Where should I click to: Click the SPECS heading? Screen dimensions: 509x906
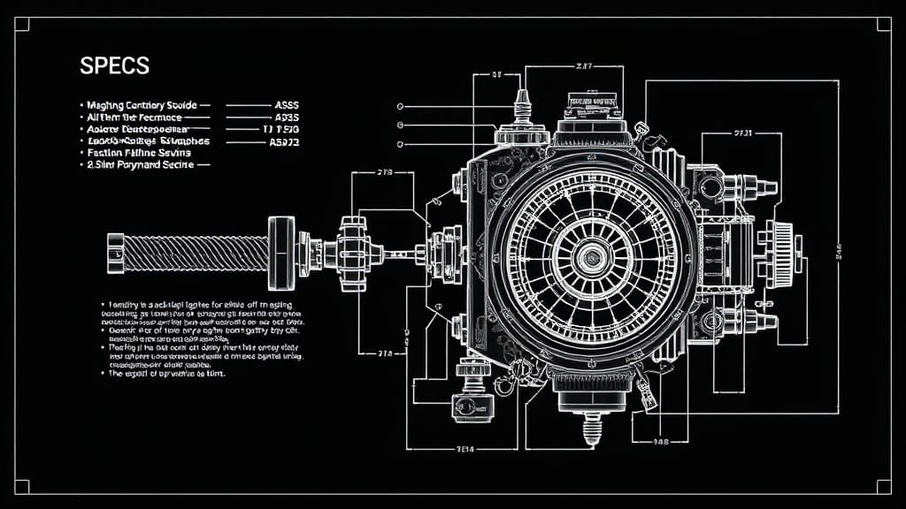tap(114, 66)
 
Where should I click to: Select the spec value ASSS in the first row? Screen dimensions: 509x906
tap(285, 104)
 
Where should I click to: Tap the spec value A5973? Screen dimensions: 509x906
tap(283, 141)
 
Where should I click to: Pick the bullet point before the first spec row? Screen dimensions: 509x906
tap(81, 105)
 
